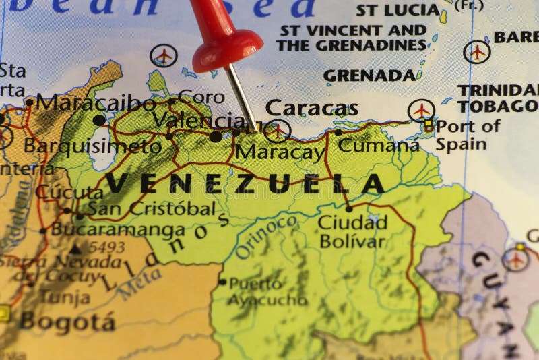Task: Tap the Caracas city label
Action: [311, 108]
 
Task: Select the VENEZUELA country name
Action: [245, 183]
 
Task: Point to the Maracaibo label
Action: [95, 103]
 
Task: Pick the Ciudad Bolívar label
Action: [352, 231]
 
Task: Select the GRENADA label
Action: [370, 76]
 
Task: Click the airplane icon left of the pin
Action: [164, 56]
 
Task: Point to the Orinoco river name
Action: [266, 237]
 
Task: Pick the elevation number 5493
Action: [106, 247]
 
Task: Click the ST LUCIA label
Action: [398, 9]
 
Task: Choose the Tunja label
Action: [65, 297]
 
